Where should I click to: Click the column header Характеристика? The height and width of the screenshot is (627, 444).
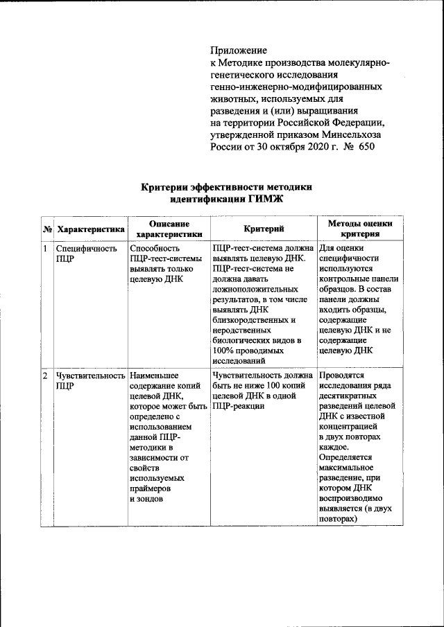(x=91, y=229)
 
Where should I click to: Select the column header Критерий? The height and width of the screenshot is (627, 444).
(x=263, y=229)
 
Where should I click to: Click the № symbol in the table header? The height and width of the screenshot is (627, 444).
(x=48, y=229)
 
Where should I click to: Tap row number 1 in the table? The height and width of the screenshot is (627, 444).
(x=45, y=248)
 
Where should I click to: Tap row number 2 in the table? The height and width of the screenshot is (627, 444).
(x=45, y=376)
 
